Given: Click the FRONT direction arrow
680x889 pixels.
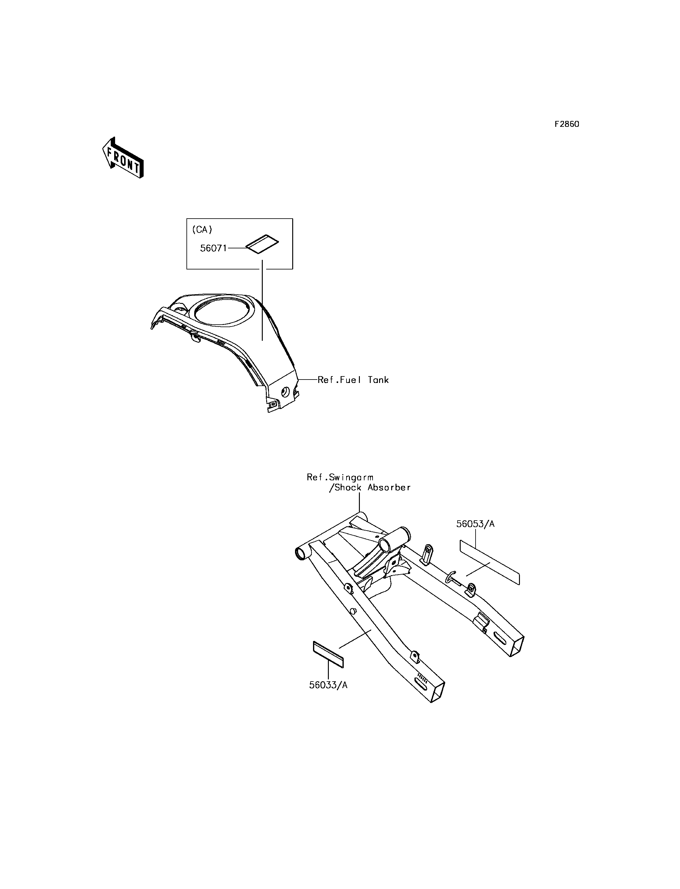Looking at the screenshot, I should point(123,158).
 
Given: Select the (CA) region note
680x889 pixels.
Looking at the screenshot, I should point(202,229).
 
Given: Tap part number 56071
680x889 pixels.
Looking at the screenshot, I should point(213,248).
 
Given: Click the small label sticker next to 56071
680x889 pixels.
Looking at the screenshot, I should point(262,244).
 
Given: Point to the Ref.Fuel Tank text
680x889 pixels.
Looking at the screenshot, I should point(353,380).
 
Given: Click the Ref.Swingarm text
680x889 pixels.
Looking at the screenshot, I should point(340,477).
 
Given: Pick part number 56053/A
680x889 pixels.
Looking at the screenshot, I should point(475,524).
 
